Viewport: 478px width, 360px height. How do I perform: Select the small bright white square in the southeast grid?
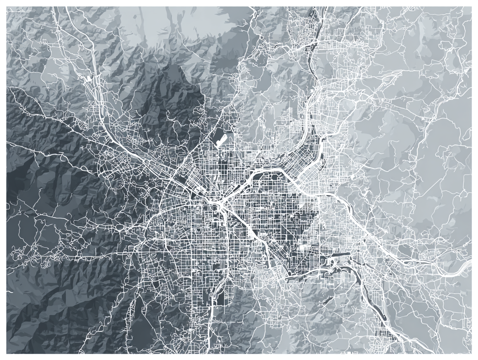[x=302, y=247]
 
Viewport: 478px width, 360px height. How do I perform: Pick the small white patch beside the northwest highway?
[x=90, y=78]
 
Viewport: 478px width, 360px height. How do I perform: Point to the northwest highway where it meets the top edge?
[x=68, y=8]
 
